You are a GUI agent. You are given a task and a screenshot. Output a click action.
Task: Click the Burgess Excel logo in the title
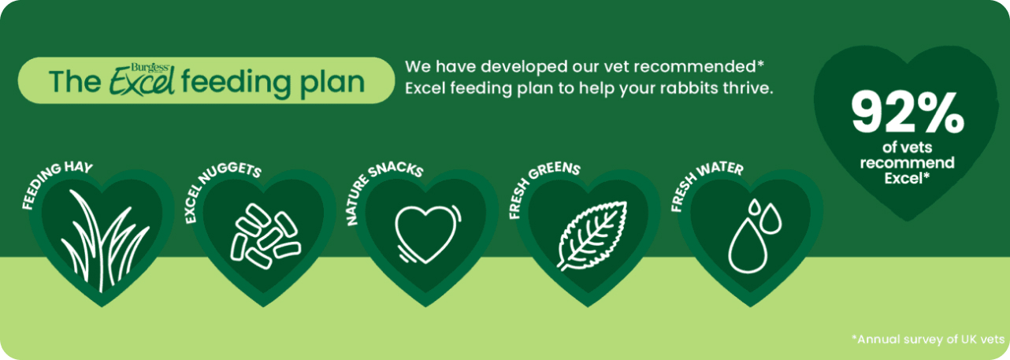click(142, 80)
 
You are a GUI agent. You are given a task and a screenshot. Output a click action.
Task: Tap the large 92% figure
click(908, 113)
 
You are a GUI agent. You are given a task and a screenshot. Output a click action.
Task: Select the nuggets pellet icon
click(265, 236)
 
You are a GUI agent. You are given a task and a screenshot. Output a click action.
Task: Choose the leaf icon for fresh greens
click(592, 236)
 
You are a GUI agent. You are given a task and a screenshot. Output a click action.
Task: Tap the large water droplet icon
click(747, 246)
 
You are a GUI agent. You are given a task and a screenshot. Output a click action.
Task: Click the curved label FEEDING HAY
click(55, 183)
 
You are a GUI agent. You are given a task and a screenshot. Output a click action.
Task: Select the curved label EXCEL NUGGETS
click(220, 188)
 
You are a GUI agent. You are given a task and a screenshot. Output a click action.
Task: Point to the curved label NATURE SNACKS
click(381, 188)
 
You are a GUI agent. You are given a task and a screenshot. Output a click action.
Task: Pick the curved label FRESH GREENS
click(541, 186)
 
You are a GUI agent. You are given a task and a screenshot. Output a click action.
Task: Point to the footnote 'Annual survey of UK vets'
click(928, 339)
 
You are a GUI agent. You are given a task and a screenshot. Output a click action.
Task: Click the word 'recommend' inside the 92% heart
click(908, 162)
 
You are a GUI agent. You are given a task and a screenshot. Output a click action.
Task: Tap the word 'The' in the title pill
click(76, 82)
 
